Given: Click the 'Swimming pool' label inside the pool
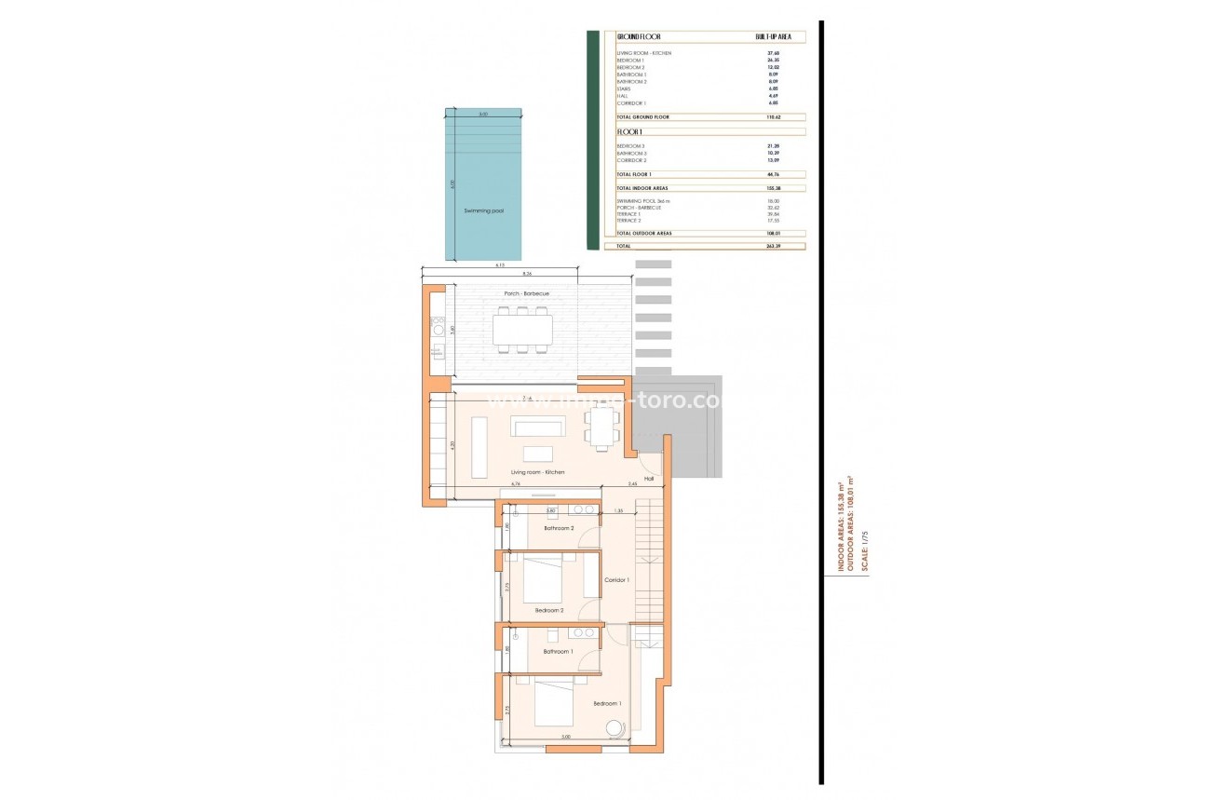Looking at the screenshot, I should point(483,211).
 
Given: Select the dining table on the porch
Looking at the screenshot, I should point(522,330).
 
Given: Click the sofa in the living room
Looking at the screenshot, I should point(537,427).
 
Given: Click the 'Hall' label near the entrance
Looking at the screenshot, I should point(649,479).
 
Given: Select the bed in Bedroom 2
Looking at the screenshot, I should point(543,580).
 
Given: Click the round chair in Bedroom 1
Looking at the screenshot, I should point(614,728).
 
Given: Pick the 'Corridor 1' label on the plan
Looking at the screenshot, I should point(617,580).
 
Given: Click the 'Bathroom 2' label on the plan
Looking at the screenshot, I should point(559,528).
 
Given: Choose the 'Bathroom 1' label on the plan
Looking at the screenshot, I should point(558,651).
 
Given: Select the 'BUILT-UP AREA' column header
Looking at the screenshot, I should point(779,36).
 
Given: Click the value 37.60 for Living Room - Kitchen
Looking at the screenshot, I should point(772,53).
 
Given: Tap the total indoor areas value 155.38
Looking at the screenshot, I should point(772,188).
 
